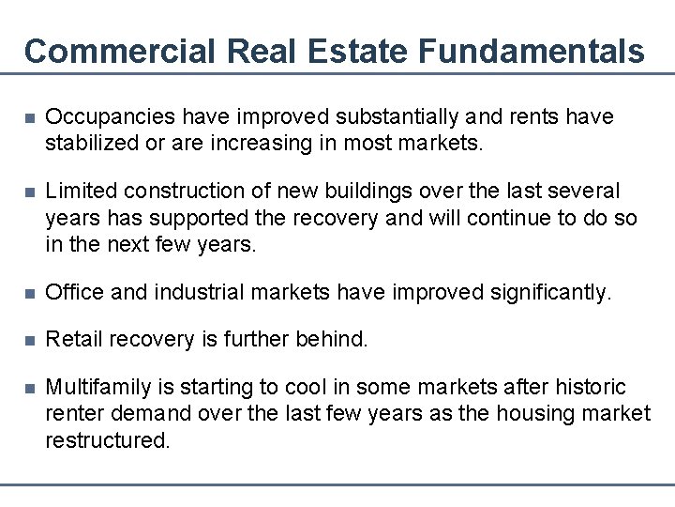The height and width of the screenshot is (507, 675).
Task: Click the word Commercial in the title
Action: click(119, 51)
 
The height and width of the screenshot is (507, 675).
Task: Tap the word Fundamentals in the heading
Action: click(532, 51)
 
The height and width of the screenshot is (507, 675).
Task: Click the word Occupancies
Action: click(111, 117)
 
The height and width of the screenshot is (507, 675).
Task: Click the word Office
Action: click(75, 293)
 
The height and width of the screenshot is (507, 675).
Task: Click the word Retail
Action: click(74, 339)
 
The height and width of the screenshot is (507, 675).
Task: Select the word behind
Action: click(333, 339)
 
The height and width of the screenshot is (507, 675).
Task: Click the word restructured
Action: click(108, 439)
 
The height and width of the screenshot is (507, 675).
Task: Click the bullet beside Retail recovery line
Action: click(30, 340)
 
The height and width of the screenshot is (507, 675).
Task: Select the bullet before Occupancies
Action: click(30, 118)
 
